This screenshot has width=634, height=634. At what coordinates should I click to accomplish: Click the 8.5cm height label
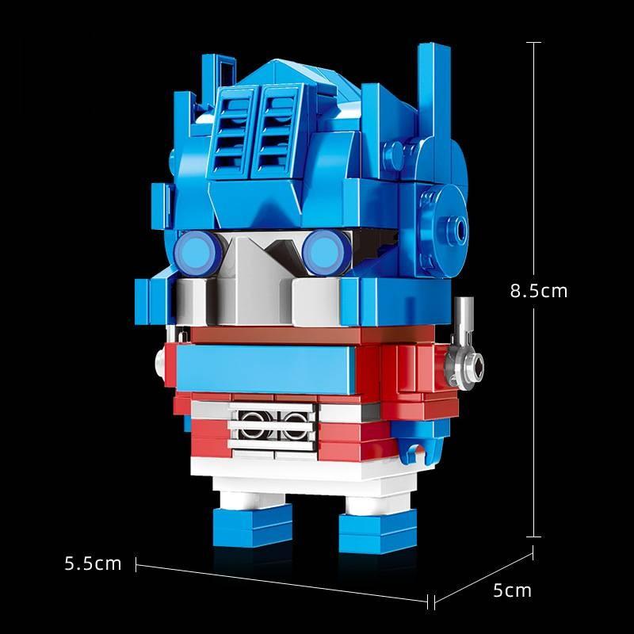pyautogui.click(x=539, y=291)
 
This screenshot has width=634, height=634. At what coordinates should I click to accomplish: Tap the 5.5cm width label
pyautogui.click(x=94, y=563)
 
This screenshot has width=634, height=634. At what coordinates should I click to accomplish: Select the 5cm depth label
pyautogui.click(x=512, y=590)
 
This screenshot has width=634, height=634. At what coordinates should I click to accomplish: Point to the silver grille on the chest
pyautogui.click(x=267, y=422)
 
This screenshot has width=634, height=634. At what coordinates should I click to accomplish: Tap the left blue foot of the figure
pyautogui.click(x=240, y=525)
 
